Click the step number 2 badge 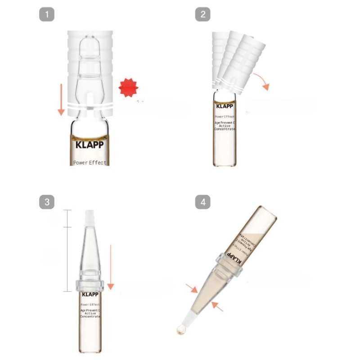coord(202,14)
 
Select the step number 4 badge coord(202,202)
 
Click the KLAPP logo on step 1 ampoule coord(90,145)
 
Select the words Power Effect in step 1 coord(90,162)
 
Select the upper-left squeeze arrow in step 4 coord(192,288)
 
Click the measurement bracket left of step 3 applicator coord(67,250)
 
